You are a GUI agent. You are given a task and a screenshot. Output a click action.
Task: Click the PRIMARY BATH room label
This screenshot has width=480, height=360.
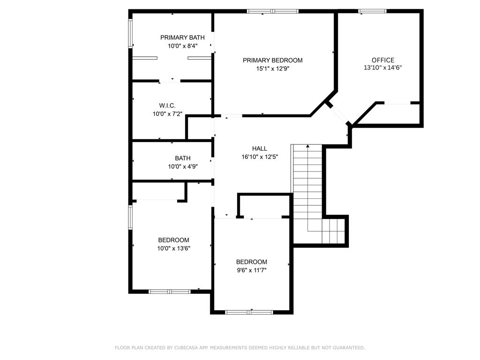coord(182,37)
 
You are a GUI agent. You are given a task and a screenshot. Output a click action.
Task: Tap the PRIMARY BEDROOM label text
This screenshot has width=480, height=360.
coord(272,60)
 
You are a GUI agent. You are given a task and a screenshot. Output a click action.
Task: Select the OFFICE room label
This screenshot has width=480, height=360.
coord(382,60)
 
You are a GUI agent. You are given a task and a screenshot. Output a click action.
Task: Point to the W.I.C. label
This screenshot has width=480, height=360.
coord(167,105)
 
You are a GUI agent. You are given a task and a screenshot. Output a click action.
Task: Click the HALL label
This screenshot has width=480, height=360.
coord(260,149)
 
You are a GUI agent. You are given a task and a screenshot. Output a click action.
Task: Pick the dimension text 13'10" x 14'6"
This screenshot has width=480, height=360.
coord(382,68)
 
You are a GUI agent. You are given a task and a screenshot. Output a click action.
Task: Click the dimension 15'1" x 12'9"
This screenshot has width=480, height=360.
coord(272,68)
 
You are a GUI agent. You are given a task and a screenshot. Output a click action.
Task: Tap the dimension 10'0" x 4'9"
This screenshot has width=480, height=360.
coord(183,166)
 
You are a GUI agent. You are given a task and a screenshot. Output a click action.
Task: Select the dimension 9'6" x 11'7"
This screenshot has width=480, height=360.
coord(252,270)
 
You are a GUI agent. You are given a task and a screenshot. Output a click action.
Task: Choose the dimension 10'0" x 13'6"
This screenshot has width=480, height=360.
coord(173,248)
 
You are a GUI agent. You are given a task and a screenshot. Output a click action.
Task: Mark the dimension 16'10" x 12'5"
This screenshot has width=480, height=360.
coord(260,157)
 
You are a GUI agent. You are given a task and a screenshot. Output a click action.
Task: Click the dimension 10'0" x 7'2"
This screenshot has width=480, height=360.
coord(167,114)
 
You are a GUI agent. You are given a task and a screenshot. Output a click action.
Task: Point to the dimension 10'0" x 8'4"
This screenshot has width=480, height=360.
coord(182,46)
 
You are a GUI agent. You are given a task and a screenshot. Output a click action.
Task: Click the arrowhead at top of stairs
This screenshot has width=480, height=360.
coord(307,146)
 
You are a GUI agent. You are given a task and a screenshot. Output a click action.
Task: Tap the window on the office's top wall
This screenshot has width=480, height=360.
coord(372,11)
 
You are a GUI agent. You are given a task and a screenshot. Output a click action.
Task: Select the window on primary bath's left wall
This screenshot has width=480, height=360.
coord(130,33)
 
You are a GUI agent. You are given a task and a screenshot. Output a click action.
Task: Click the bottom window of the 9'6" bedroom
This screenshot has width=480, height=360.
coord(248,312)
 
